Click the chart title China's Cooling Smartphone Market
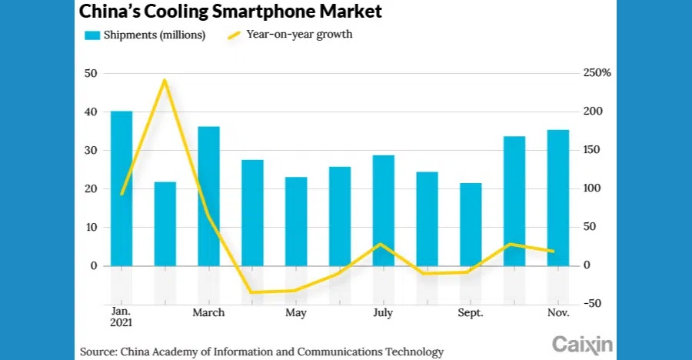click(x=231, y=12)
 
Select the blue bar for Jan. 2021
click(x=121, y=188)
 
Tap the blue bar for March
click(x=208, y=196)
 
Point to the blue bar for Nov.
click(x=558, y=198)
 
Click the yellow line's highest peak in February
click(x=165, y=80)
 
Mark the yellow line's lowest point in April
click(x=252, y=292)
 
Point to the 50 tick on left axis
click(x=91, y=74)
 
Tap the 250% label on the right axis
click(x=596, y=74)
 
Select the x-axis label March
click(x=208, y=313)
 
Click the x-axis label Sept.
click(x=470, y=313)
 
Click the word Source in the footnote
click(x=97, y=351)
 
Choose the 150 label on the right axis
click(x=590, y=151)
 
